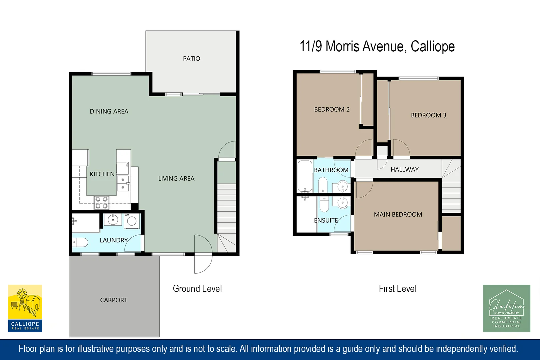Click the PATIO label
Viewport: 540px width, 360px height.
pyautogui.click(x=191, y=59)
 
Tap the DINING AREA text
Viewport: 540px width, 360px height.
pyautogui.click(x=109, y=111)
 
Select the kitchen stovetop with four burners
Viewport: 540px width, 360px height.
pyautogui.click(x=101, y=203)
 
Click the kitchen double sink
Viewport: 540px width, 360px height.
pyautogui.click(x=123, y=183)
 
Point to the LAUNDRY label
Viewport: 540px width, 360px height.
pyautogui.click(x=114, y=240)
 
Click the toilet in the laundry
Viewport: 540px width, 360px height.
pyautogui.click(x=80, y=242)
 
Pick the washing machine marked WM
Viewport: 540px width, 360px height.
pyautogui.click(x=132, y=221)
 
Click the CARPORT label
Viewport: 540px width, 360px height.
pyautogui.click(x=114, y=300)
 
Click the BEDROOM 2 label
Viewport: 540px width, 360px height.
pyautogui.click(x=332, y=109)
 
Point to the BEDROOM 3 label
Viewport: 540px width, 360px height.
pyautogui.click(x=428, y=115)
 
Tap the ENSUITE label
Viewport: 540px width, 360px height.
pyautogui.click(x=326, y=220)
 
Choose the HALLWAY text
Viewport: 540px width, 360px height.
pyautogui.click(x=404, y=169)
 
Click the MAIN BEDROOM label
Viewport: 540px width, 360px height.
pyautogui.click(x=398, y=214)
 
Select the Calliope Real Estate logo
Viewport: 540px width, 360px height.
pyautogui.click(x=25, y=308)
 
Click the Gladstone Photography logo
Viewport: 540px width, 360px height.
pyautogui.click(x=506, y=308)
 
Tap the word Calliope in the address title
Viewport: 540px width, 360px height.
pyautogui.click(x=432, y=46)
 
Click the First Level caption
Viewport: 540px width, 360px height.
pyautogui.click(x=397, y=289)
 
